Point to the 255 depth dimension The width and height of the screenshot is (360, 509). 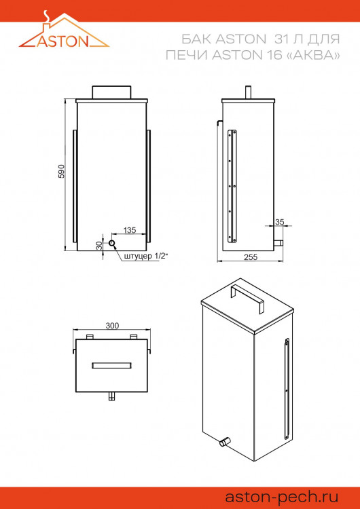point(251,257)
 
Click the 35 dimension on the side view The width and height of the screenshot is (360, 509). point(280,222)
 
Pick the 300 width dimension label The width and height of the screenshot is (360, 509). point(112,326)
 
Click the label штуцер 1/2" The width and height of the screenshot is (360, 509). point(146,256)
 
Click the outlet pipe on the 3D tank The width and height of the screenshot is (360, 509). point(223,442)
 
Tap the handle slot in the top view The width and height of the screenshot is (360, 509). point(112,365)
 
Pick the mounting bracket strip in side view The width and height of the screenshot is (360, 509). point(232,186)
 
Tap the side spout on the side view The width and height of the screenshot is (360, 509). point(278,242)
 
